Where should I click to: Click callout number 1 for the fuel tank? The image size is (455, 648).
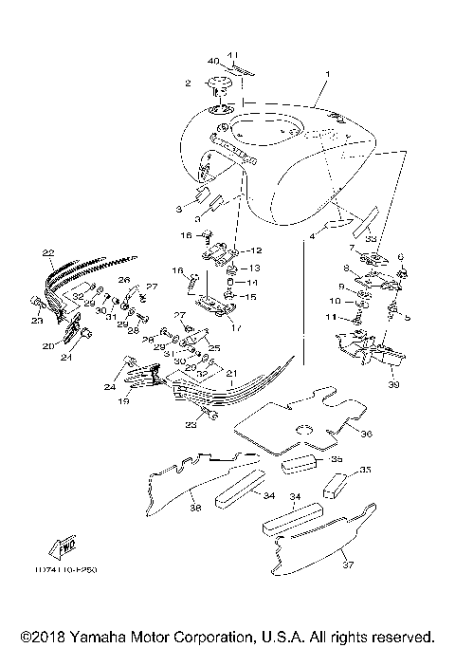click(329, 74)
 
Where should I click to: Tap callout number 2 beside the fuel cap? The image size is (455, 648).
click(188, 83)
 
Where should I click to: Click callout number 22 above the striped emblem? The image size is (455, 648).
click(47, 253)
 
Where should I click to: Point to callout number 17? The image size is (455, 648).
click(236, 328)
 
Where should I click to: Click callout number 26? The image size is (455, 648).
click(123, 281)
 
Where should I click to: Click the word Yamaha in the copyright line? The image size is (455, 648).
click(109, 635)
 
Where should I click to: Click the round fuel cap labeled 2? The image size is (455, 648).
click(221, 91)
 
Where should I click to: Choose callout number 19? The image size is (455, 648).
click(121, 402)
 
